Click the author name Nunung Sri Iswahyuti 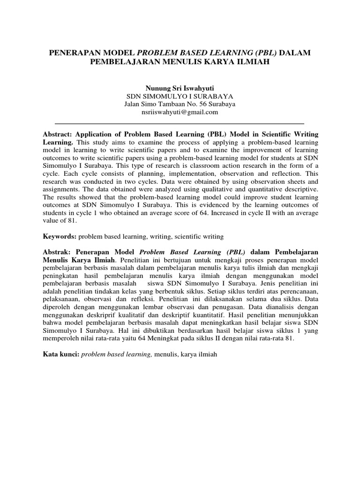(180, 87)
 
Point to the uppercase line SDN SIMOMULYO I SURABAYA (180, 96)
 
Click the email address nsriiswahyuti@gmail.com (180, 112)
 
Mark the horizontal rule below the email (180, 123)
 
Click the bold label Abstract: (59, 134)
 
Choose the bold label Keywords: (60, 237)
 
